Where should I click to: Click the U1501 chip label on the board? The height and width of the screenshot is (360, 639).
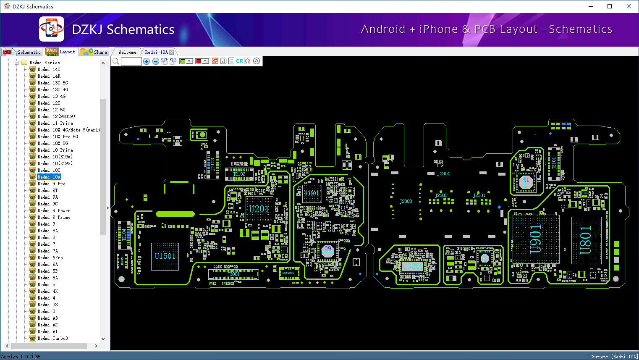[165, 256]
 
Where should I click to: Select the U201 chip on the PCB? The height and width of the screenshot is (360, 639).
[259, 209]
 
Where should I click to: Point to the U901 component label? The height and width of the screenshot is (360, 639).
[535, 239]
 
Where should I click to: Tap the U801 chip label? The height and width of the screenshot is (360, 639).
[586, 240]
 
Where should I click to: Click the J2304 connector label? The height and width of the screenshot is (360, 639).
[443, 173]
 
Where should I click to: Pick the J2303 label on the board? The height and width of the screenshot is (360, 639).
[406, 201]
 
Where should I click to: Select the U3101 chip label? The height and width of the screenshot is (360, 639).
[312, 193]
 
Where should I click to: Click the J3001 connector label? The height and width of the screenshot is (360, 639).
[233, 274]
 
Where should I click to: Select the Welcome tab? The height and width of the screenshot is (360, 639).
[127, 52]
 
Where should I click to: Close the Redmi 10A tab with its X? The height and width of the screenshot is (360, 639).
[171, 52]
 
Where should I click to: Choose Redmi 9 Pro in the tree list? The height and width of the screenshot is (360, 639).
[51, 184]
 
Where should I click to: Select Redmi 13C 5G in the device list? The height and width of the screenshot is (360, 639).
[52, 83]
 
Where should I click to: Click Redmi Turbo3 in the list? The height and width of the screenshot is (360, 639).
[52, 338]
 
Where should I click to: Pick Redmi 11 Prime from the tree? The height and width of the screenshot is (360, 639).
[55, 123]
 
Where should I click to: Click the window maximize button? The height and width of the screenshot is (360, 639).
[610, 6]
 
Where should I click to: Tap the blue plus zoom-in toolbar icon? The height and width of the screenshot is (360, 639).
[147, 61]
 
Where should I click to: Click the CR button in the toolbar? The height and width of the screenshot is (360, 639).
[239, 61]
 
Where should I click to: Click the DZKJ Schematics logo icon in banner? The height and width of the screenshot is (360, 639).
[52, 29]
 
